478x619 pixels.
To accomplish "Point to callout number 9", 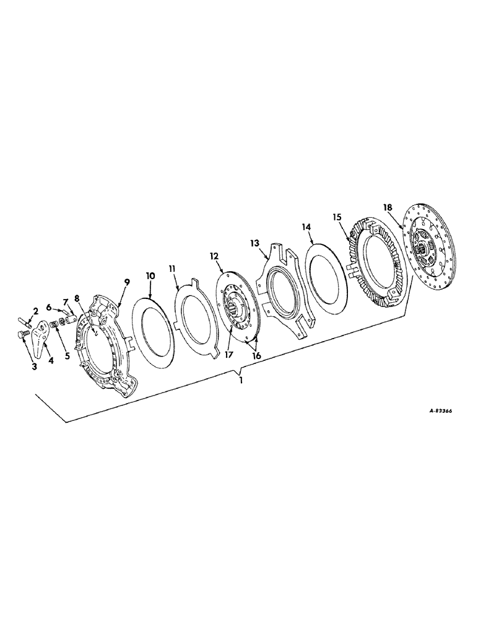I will click(x=126, y=282).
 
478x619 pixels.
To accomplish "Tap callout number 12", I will click(x=214, y=255).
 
